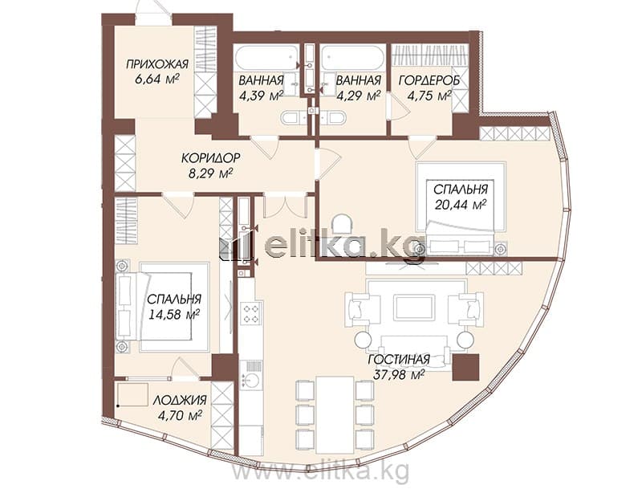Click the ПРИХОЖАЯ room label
tap(156, 64)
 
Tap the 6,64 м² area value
tap(156, 79)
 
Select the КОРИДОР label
tap(211, 157)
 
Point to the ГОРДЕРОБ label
tap(429, 80)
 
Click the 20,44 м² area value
tap(460, 204)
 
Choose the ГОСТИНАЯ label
tap(399, 360)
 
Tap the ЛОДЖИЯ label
tap(180, 401)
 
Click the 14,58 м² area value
tap(173, 315)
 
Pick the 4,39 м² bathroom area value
tap(262, 96)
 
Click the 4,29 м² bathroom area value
tap(358, 96)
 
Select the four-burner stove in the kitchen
tap(250, 312)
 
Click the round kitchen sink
tap(250, 380)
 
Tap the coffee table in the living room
tap(413, 308)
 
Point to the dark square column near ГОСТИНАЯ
tap(466, 368)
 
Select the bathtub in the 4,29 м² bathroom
tap(353, 57)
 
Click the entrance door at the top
tap(153, 12)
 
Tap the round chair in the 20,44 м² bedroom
tap(342, 223)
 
